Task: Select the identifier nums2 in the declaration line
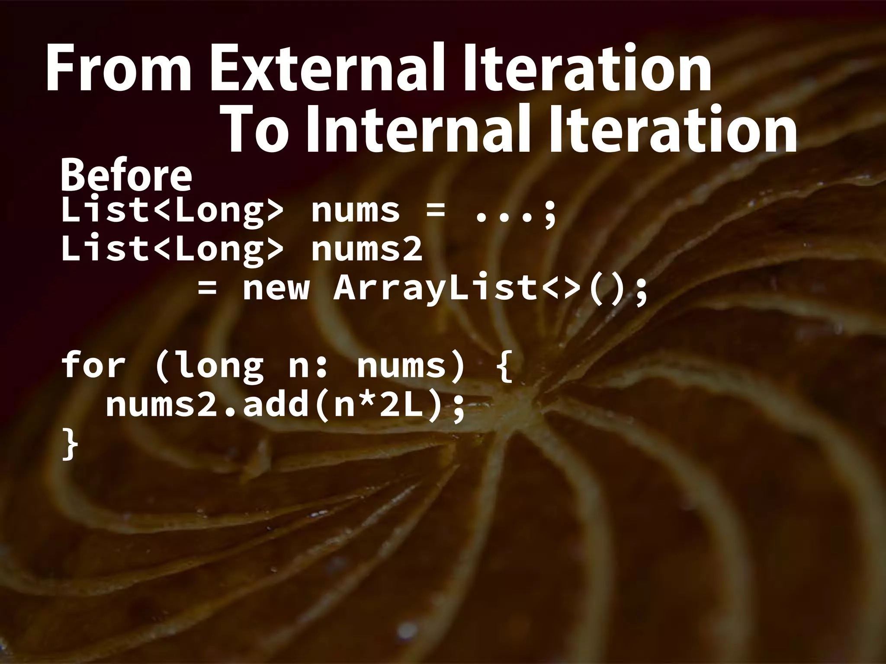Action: (366, 250)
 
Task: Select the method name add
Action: (276, 405)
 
